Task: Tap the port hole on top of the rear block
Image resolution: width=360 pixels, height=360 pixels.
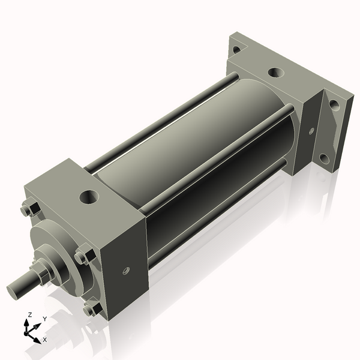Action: [x=274, y=73]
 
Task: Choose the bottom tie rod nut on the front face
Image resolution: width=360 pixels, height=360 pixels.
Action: [x=91, y=309]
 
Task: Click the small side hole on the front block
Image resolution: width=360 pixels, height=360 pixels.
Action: [x=125, y=271]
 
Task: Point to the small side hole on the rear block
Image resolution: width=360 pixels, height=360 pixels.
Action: [x=311, y=130]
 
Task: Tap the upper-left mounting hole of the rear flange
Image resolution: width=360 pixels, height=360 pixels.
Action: [x=237, y=49]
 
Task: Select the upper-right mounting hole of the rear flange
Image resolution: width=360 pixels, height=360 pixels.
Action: [x=334, y=104]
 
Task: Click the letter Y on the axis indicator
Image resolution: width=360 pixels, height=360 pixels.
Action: [x=44, y=319]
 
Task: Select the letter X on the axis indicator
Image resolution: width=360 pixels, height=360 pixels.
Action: [x=45, y=340]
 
